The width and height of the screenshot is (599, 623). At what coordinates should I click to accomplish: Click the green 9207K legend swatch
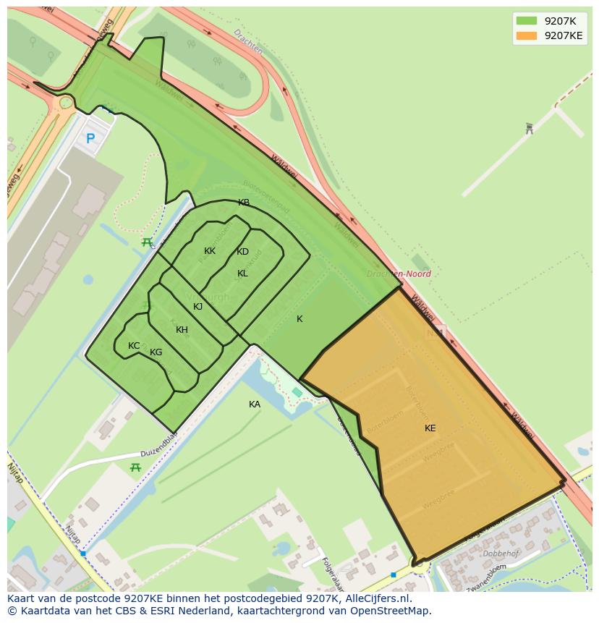[x=526, y=21]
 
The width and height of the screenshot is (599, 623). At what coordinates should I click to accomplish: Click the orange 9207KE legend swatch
[x=526, y=35]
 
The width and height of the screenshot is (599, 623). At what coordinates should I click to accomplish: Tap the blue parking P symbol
[x=90, y=138]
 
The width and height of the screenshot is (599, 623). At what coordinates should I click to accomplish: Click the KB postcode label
[x=244, y=203]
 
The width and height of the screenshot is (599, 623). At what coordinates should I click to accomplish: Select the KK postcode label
[x=210, y=251]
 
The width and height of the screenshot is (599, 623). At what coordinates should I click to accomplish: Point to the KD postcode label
[x=242, y=252]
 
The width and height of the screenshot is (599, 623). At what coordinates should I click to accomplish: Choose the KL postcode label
[x=242, y=274]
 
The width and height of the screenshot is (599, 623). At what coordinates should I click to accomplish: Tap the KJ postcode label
[x=197, y=307]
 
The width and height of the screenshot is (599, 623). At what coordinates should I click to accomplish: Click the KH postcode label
[x=182, y=330]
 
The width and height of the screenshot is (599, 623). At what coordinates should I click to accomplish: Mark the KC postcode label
[x=134, y=346]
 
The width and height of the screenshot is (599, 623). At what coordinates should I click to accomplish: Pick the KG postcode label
[x=156, y=352]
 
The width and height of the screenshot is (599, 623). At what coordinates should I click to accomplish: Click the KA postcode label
[x=255, y=404]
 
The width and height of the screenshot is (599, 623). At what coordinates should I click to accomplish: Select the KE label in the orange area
[x=430, y=428]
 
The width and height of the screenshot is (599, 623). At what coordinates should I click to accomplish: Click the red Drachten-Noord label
[x=399, y=274]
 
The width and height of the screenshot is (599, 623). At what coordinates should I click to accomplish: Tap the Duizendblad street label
[x=160, y=446]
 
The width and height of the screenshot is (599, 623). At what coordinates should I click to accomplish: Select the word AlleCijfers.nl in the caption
[x=376, y=598]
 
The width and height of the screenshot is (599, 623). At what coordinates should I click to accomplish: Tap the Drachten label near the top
[x=249, y=43]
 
